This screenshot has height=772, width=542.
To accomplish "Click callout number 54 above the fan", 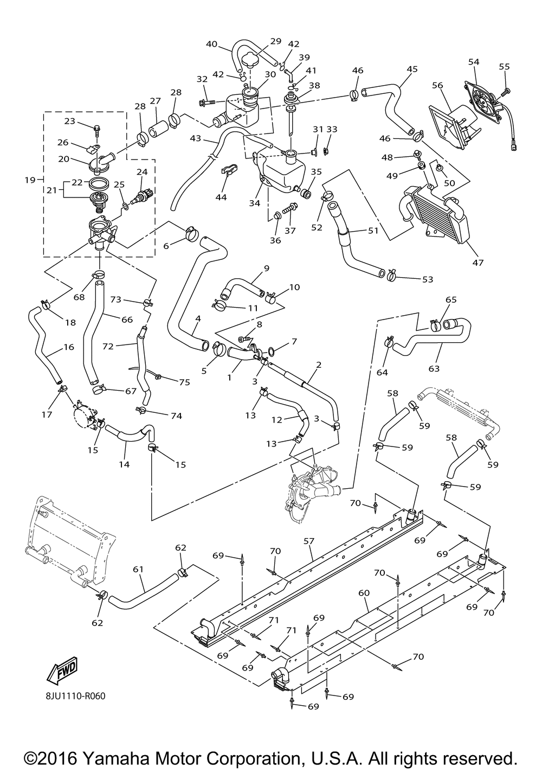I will click(474, 62).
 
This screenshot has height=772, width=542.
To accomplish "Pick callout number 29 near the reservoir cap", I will click(275, 41).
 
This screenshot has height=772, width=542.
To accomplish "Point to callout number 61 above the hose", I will click(138, 569).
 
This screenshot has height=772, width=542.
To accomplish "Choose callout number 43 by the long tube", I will click(196, 139).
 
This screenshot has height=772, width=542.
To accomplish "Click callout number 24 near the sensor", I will click(142, 172).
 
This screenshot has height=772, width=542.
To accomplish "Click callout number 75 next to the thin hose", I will click(184, 382).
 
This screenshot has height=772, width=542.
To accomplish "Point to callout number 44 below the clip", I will click(221, 197).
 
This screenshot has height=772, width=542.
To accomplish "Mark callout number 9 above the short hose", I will click(267, 268).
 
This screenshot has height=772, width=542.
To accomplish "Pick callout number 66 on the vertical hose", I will click(127, 320).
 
